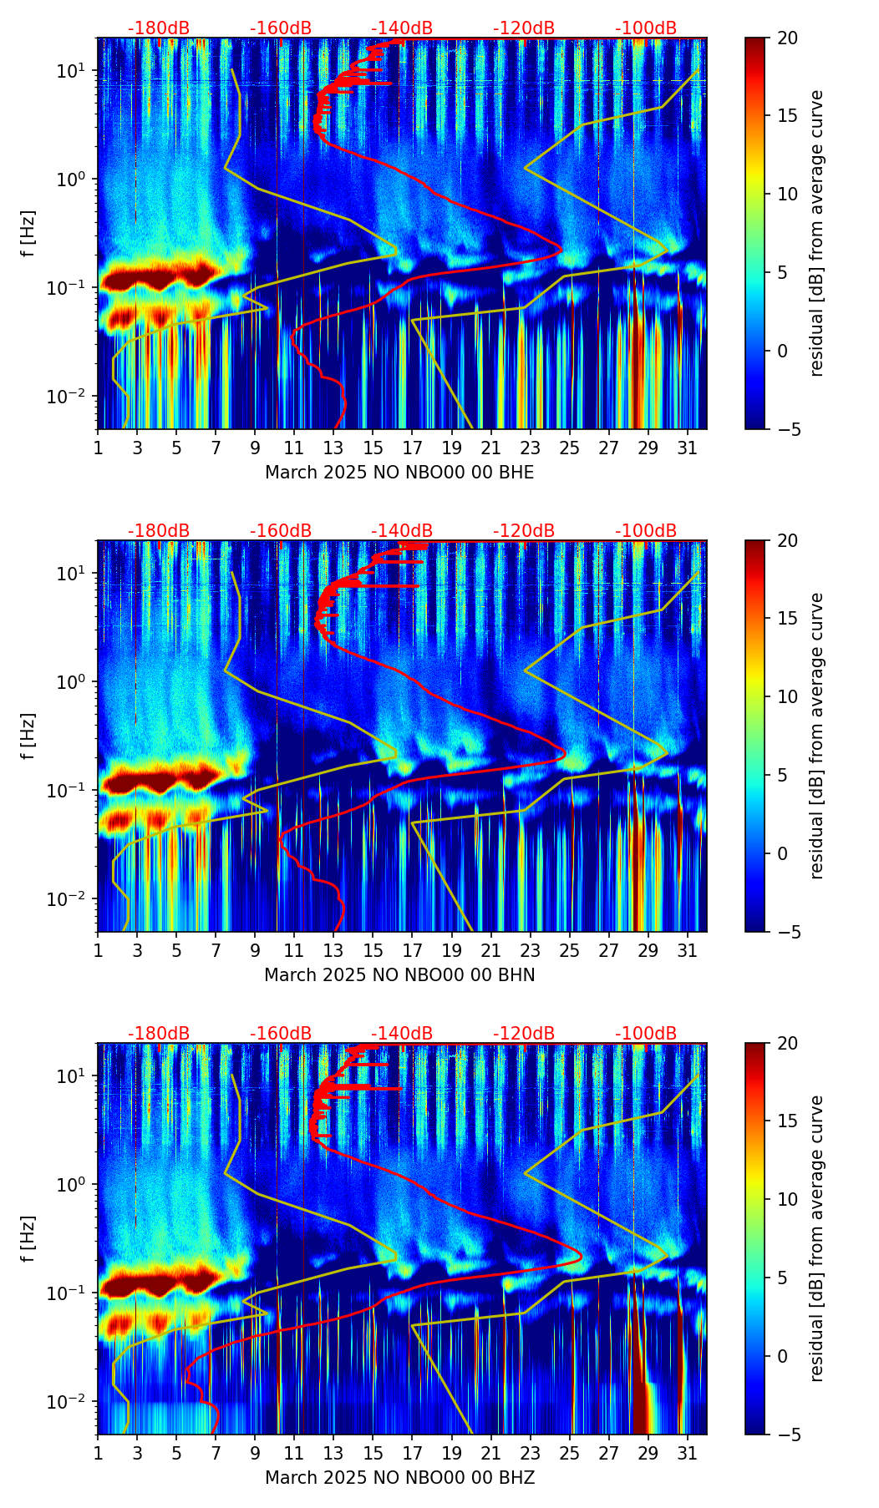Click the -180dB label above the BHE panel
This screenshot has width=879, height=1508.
(x=159, y=28)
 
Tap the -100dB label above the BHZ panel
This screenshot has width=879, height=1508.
(x=646, y=1034)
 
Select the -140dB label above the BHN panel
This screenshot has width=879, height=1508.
(x=402, y=531)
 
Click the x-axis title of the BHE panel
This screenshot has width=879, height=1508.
(x=399, y=473)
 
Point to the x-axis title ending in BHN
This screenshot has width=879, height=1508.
(x=399, y=975)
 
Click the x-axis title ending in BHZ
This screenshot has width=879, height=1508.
(x=399, y=1478)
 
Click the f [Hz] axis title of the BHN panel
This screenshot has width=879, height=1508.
(x=28, y=736)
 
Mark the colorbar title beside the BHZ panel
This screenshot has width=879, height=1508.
(x=816, y=1238)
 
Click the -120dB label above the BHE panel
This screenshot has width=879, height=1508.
(x=524, y=28)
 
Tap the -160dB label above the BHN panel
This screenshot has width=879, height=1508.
(x=281, y=531)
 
